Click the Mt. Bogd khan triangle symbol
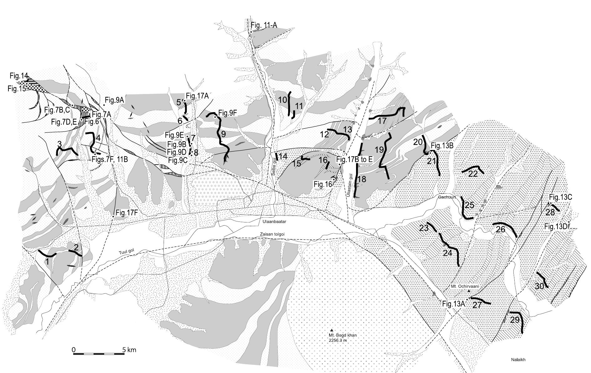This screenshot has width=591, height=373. pyautogui.click(x=332, y=330)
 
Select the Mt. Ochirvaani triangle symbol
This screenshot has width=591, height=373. pyautogui.click(x=469, y=291)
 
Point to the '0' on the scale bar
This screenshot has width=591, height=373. pyautogui.click(x=74, y=350)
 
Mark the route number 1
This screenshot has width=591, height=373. pyautogui.click(x=47, y=261)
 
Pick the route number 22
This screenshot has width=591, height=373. pyautogui.click(x=473, y=174)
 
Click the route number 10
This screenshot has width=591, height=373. pyautogui.click(x=283, y=100)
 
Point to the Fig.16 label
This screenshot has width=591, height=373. pyautogui.click(x=323, y=185)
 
